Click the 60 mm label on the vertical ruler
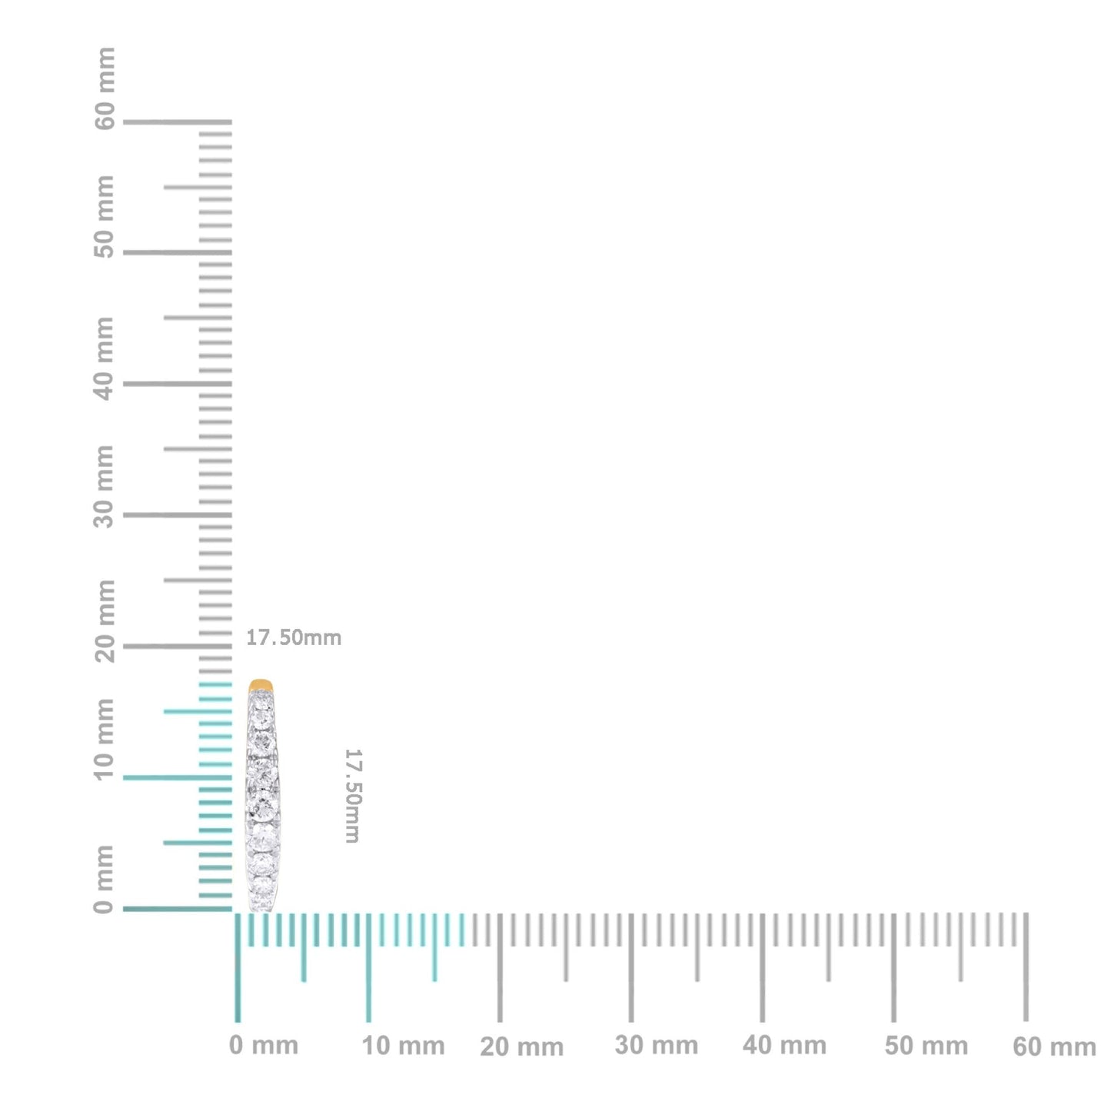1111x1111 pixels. (105, 88)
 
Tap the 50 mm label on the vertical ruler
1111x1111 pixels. (105, 218)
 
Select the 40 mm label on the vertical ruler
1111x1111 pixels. (105, 358)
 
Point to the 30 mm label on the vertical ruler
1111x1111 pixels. (105, 486)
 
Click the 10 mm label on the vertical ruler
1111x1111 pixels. (105, 740)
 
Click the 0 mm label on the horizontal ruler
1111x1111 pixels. (264, 1046)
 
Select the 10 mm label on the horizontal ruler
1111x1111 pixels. (404, 1046)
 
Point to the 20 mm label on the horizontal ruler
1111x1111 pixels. (522, 1046)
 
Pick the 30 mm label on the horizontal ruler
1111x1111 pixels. (657, 1046)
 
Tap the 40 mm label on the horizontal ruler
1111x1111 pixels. (785, 1046)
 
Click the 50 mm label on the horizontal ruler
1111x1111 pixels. (926, 1046)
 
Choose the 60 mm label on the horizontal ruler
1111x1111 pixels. (1054, 1046)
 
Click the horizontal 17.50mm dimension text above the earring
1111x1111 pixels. (294, 637)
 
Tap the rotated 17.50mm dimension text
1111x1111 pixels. (351, 796)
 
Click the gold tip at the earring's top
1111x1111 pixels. (261, 684)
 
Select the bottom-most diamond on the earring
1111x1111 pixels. (262, 898)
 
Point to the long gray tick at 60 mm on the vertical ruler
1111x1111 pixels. (177, 121)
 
